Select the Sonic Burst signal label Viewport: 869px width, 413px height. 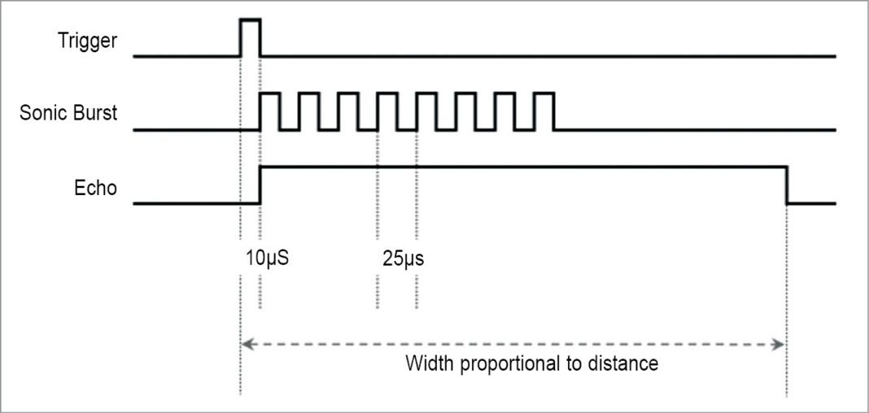click(68, 113)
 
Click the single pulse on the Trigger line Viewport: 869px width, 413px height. click(250, 37)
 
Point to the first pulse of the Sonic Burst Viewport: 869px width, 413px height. click(269, 111)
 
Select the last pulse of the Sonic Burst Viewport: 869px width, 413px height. click(545, 111)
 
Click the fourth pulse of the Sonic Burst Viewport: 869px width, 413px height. click(387, 111)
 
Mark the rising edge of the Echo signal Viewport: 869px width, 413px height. click(260, 185)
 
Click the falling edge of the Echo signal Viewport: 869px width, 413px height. click(787, 185)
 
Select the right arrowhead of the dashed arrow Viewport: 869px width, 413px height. click(779, 345)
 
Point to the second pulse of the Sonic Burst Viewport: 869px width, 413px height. click(309, 111)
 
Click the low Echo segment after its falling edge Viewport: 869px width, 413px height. click(811, 202)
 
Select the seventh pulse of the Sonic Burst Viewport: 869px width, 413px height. click(505, 111)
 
